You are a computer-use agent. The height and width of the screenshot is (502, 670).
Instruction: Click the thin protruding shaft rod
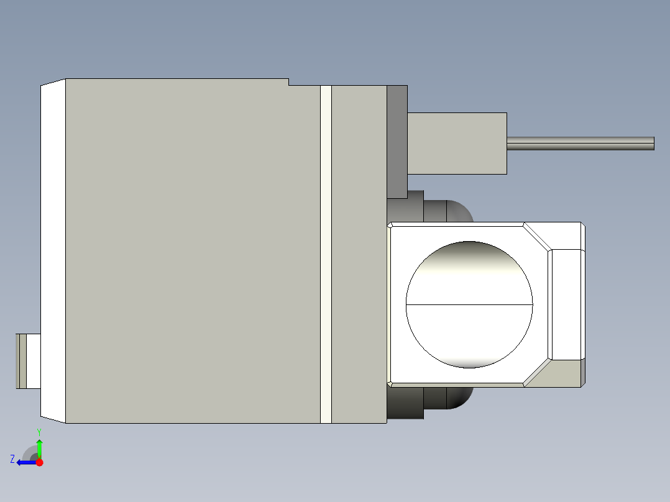578,144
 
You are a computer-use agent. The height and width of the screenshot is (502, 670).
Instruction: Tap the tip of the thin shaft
653,144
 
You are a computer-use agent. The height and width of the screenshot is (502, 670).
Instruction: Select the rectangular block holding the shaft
457,143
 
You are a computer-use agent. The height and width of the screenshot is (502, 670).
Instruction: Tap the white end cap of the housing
53,249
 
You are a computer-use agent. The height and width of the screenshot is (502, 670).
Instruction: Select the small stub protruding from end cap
28,361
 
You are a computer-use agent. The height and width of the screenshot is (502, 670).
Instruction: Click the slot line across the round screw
469,305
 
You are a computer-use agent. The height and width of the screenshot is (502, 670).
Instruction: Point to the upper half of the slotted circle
469,273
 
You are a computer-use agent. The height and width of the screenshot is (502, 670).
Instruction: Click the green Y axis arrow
39,447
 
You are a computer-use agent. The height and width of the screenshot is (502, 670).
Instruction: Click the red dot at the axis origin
39,462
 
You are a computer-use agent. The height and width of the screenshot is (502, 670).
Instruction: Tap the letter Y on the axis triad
39,431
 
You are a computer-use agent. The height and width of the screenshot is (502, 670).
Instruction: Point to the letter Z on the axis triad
12,459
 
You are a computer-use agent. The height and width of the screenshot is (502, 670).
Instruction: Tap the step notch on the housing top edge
289,82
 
